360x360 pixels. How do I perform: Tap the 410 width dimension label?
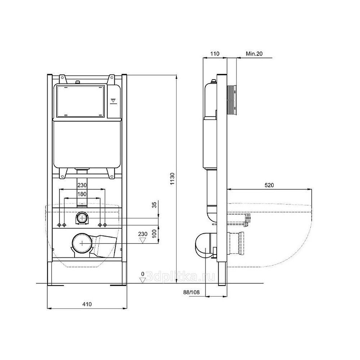coord(87,304)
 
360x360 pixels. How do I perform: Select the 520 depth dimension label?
coord(269,185)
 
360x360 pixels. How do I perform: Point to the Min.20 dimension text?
coord(254,54)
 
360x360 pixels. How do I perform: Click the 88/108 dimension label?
coord(191,292)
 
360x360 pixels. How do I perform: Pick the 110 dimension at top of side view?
coord(215,54)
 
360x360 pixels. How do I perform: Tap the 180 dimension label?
coord(82,194)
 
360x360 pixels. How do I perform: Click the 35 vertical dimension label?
coord(154,205)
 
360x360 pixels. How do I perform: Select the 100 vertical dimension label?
coord(154,234)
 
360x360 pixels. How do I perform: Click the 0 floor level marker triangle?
coord(143,280)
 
